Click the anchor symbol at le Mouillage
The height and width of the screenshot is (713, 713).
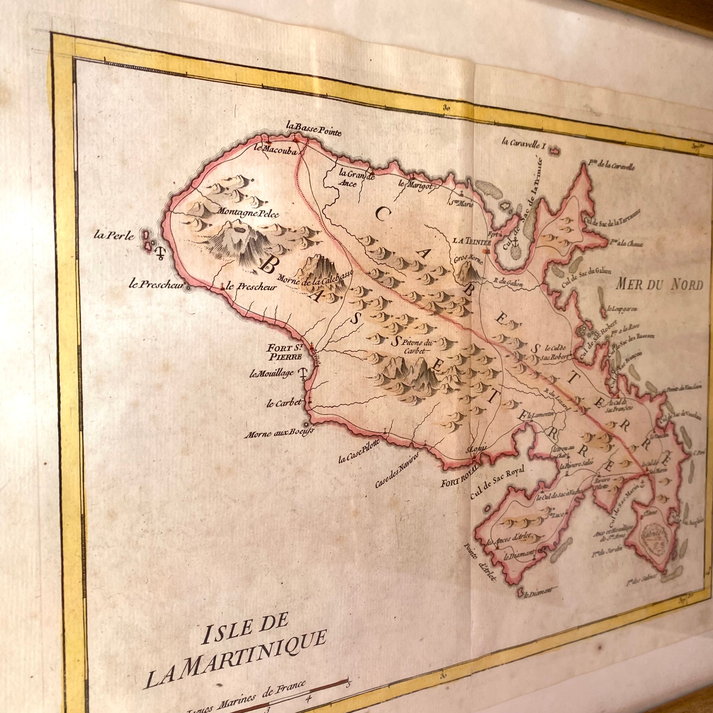(x=302, y=374)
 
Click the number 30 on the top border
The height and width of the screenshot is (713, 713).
(x=447, y=108)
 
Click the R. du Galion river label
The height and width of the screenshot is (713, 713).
(x=510, y=283)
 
